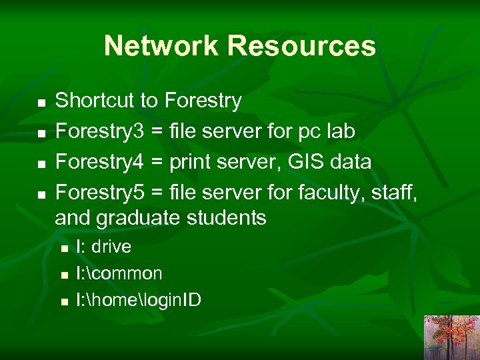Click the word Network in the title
161,46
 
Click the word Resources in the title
301,46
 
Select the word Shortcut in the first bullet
95,101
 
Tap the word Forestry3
99,131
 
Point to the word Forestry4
99,162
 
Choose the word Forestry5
99,193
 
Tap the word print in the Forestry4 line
191,162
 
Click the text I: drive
104,247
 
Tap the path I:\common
119,273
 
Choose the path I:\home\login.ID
139,300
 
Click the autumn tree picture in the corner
451,337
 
